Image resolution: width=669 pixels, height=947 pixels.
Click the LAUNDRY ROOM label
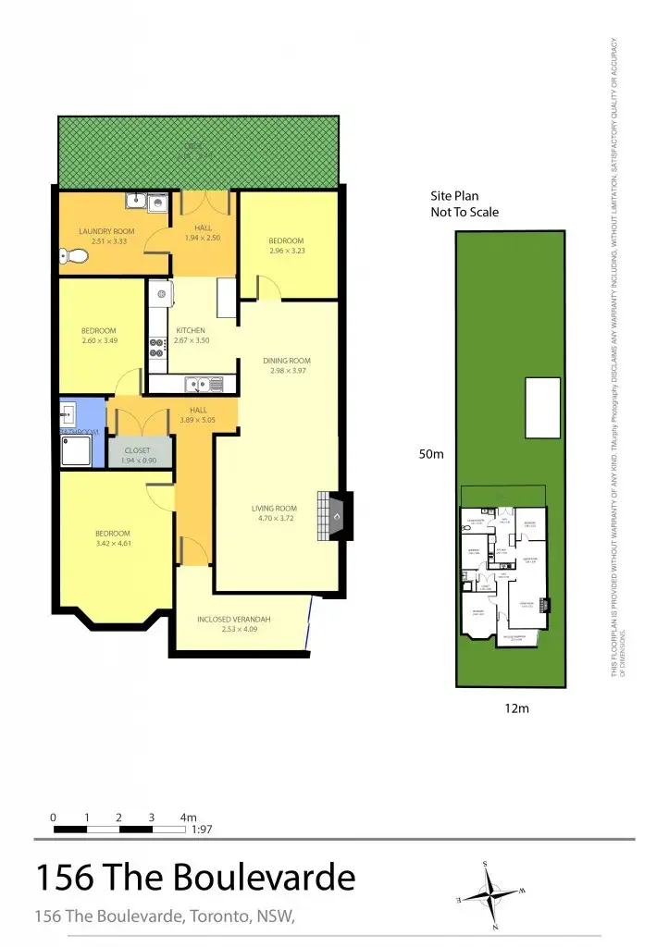(106, 231)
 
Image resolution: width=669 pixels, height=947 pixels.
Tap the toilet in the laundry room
(72, 256)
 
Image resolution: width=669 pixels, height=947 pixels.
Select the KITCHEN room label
(191, 330)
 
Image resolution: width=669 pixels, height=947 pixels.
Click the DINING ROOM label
(287, 361)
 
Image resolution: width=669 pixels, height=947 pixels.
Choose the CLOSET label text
(137, 450)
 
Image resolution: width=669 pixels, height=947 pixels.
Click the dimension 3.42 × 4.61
(112, 544)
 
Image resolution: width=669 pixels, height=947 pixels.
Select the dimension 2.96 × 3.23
(286, 251)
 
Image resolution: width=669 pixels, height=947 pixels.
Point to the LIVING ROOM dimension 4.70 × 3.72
(274, 518)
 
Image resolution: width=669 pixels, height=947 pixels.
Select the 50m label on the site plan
(432, 455)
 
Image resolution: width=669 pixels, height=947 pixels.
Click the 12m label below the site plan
(515, 708)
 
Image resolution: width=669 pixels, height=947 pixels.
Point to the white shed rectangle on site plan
(543, 408)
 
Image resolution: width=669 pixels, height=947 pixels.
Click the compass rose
(490, 894)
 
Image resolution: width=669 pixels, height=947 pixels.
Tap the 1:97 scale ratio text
(202, 830)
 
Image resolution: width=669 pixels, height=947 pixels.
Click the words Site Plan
(452, 196)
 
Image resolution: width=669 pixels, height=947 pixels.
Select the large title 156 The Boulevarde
(194, 877)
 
